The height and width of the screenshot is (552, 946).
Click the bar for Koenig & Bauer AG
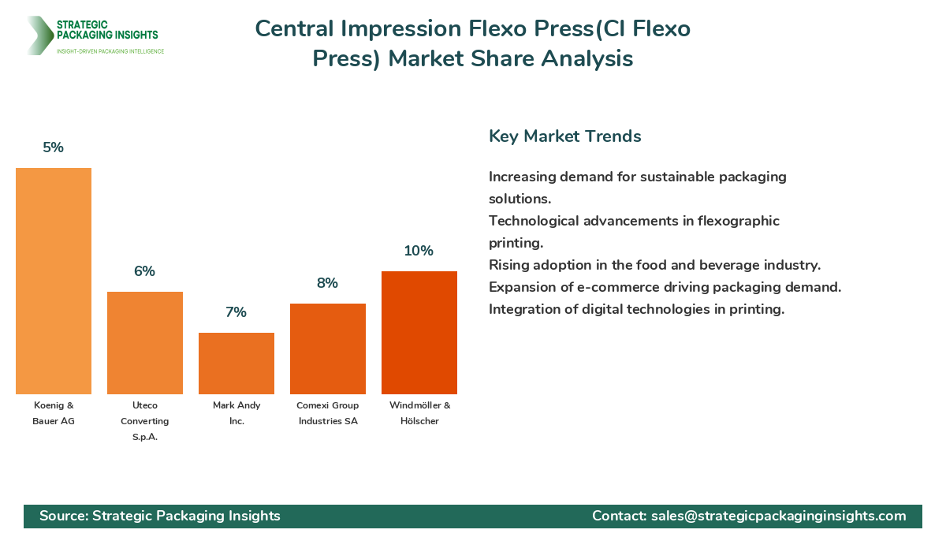pyautogui.click(x=54, y=281)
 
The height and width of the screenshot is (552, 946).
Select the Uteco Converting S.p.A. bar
pyautogui.click(x=145, y=343)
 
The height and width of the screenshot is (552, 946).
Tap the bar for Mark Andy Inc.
pyautogui.click(x=236, y=364)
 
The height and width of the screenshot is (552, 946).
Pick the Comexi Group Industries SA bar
pyautogui.click(x=328, y=349)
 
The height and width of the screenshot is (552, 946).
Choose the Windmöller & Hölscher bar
pyautogui.click(x=419, y=333)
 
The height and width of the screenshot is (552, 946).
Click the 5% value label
pyautogui.click(x=54, y=147)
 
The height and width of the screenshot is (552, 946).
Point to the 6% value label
pyautogui.click(x=145, y=271)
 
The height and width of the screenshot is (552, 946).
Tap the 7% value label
pyautogui.click(x=236, y=312)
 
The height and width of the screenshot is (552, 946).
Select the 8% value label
pyautogui.click(x=328, y=283)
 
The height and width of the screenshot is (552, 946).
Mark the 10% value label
pyautogui.click(x=419, y=251)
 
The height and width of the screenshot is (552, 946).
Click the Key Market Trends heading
pyautogui.click(x=564, y=136)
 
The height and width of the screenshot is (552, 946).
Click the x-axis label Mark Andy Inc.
pyautogui.click(x=236, y=413)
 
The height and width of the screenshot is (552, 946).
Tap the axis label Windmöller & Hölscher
pyautogui.click(x=419, y=413)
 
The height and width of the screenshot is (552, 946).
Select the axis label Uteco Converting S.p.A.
pyautogui.click(x=145, y=421)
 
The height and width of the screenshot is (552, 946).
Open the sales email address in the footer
pyautogui.click(x=778, y=516)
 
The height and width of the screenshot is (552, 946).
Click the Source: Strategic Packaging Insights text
pyautogui.click(x=160, y=516)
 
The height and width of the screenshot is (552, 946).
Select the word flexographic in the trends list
pyautogui.click(x=732, y=221)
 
